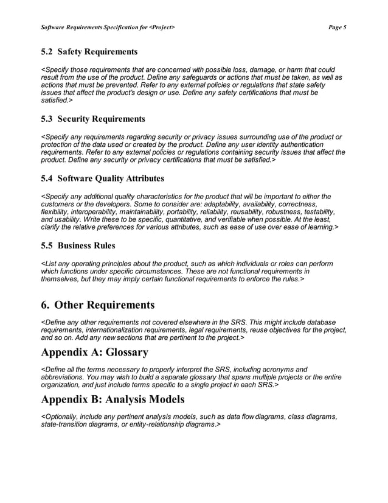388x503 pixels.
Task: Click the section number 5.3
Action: (47, 118)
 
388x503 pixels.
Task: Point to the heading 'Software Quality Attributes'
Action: (111, 178)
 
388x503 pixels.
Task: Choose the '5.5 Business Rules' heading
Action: (78, 246)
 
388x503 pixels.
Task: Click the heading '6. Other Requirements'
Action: (97, 304)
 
